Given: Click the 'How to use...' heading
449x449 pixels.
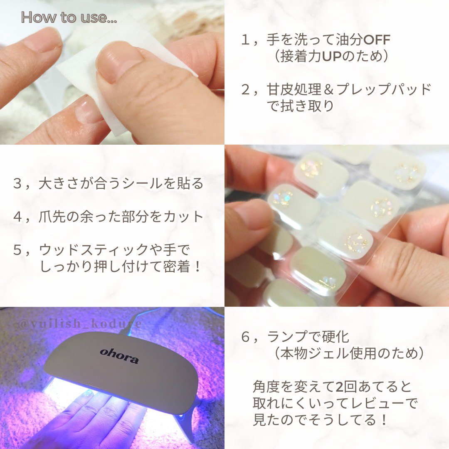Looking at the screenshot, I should pyautogui.click(x=69, y=17).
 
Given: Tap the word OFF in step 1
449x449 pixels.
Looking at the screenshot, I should pyautogui.click(x=377, y=41).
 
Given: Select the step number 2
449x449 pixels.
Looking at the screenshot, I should pyautogui.click(x=247, y=89).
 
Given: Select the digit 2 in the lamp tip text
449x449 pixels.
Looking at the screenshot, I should pyautogui.click(x=340, y=387).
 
